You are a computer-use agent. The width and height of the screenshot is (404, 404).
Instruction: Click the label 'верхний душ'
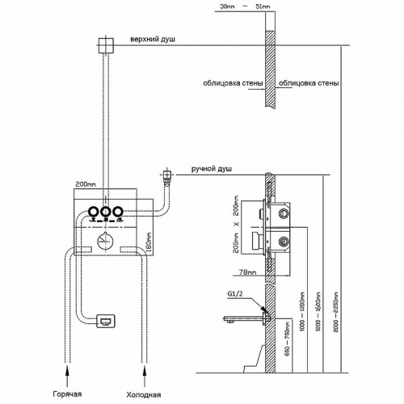pyautogui.click(x=152, y=39)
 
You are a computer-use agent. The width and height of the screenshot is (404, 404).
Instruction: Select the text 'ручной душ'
pyautogui.click(x=212, y=168)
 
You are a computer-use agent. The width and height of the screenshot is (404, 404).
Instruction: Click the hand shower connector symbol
pyautogui.click(x=167, y=174)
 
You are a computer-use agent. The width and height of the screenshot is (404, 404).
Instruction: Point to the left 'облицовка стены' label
pyautogui.click(x=233, y=82)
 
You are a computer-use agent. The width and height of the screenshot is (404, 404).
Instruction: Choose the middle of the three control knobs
pyautogui.click(x=104, y=213)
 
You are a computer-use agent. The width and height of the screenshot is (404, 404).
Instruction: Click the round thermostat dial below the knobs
pyautogui.click(x=104, y=240)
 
